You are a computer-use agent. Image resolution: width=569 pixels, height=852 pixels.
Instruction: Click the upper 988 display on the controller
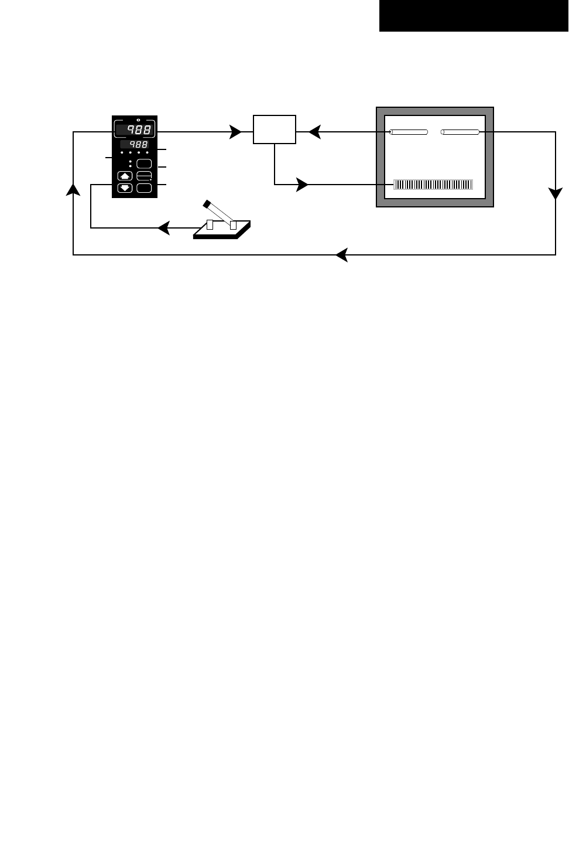point(135,130)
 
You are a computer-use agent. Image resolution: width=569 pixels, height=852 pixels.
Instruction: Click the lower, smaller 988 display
point(135,144)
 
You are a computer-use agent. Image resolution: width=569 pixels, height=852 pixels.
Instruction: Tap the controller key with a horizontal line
point(144,175)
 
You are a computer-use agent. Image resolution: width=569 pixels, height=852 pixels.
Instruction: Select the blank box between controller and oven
point(275,129)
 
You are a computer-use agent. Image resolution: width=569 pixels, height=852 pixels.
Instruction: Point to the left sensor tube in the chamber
point(409,132)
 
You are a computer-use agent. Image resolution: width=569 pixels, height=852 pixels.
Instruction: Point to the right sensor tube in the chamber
point(461,132)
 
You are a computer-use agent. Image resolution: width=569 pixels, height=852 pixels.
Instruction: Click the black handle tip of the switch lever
point(206,204)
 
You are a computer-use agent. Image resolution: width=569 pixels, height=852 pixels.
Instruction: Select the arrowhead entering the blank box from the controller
point(236,132)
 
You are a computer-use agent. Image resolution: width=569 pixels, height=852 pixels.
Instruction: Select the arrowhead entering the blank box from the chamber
point(314,132)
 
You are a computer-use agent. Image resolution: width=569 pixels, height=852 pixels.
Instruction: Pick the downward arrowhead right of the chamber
point(555,195)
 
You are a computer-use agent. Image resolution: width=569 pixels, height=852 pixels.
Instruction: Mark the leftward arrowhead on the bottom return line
point(341,255)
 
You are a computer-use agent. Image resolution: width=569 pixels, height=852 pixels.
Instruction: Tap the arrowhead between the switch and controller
point(164,227)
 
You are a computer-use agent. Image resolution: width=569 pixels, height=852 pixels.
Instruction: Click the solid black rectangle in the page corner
point(474,16)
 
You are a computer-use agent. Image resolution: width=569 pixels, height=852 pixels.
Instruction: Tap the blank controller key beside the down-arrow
point(144,188)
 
